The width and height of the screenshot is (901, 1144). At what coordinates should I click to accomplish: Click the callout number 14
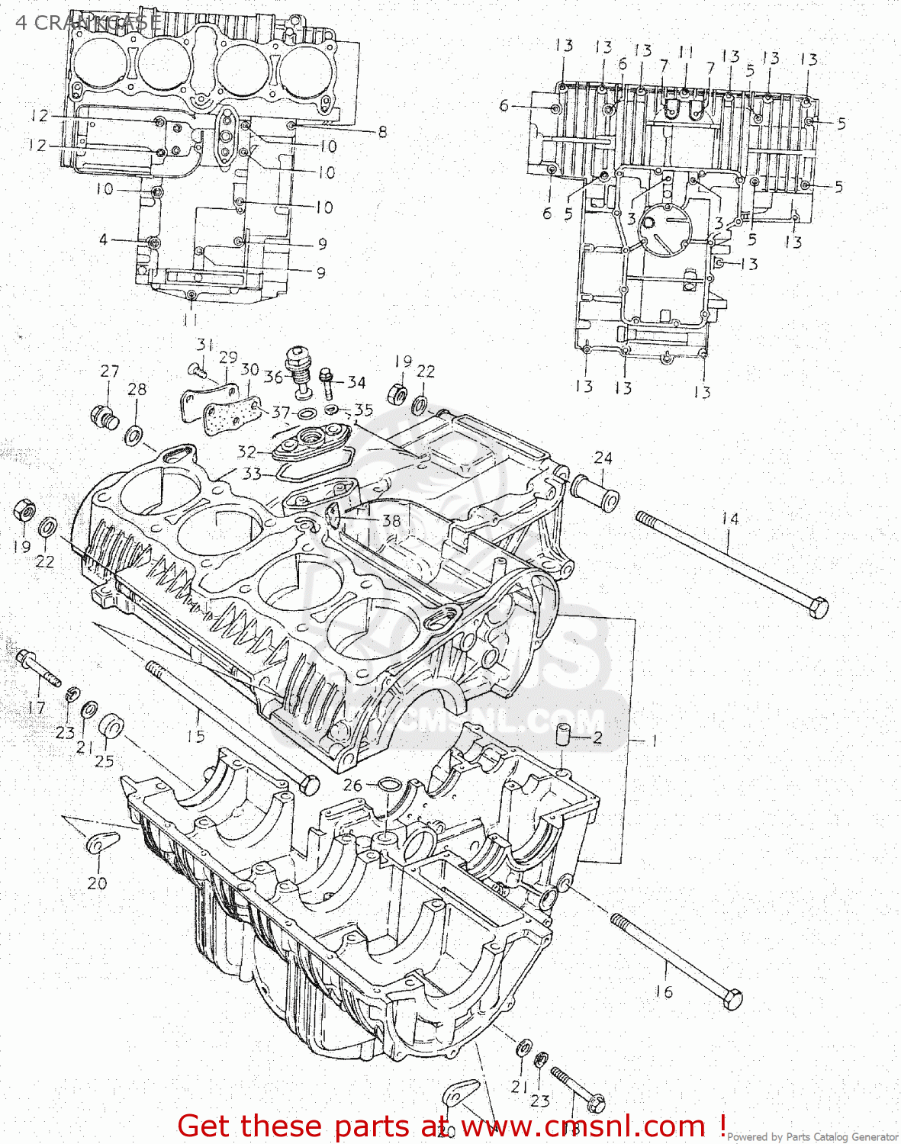pyautogui.click(x=730, y=519)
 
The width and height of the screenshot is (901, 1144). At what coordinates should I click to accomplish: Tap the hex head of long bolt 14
pyautogui.click(x=817, y=609)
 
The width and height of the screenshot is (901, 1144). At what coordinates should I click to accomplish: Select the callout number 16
pyautogui.click(x=664, y=991)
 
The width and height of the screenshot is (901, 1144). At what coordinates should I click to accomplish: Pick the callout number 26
pyautogui.click(x=352, y=785)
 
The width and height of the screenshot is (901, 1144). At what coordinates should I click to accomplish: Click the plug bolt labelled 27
pyautogui.click(x=105, y=417)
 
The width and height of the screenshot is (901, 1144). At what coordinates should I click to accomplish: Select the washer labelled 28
pyautogui.click(x=134, y=436)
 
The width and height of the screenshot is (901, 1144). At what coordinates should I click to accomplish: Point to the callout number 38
pyautogui.click(x=391, y=520)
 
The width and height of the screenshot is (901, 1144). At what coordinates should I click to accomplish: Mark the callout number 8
pyautogui.click(x=382, y=132)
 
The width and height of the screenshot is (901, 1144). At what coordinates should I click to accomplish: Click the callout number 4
pyautogui.click(x=103, y=239)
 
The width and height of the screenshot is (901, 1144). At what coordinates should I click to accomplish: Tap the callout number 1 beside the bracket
pyautogui.click(x=653, y=741)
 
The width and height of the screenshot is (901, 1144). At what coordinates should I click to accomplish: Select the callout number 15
pyautogui.click(x=196, y=736)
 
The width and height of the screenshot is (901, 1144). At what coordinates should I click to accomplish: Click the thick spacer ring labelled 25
pyautogui.click(x=112, y=726)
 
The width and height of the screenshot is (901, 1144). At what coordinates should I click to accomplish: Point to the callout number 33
pyautogui.click(x=252, y=474)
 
